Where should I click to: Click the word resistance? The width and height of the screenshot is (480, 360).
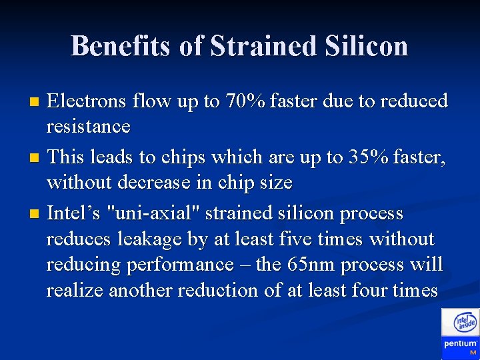click(x=88, y=126)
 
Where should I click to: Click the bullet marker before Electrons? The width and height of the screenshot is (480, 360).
click(x=36, y=102)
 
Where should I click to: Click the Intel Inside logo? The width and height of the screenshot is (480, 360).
click(x=465, y=323)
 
